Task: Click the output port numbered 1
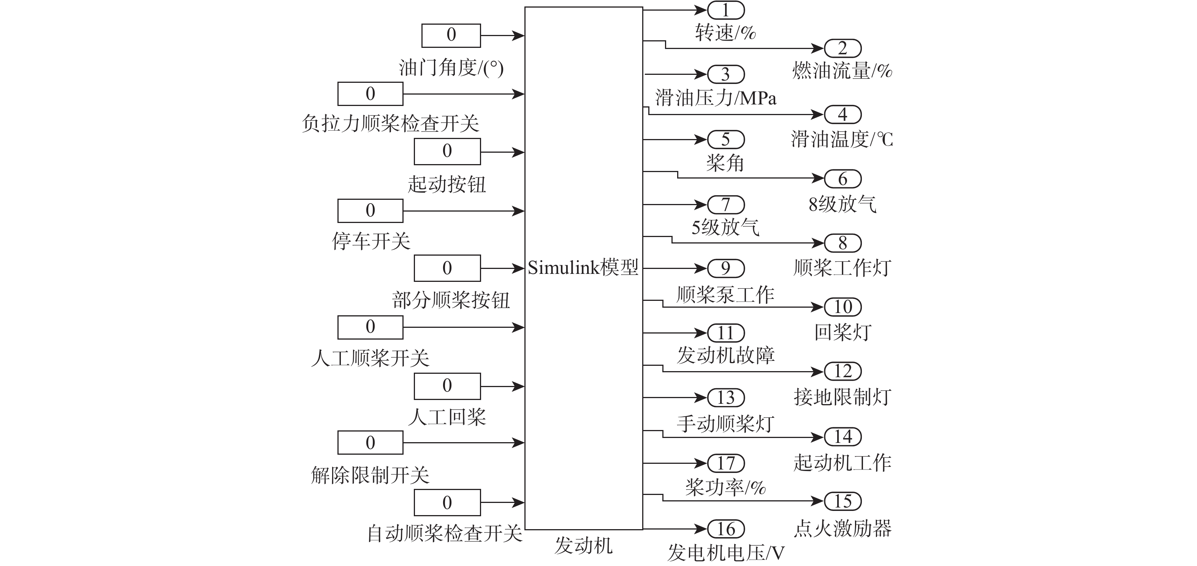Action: [726, 10]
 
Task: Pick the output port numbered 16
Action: [726, 529]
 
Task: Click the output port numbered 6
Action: [842, 179]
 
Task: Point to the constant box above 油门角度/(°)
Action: [451, 35]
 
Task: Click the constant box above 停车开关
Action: [370, 210]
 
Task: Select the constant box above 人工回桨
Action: [447, 386]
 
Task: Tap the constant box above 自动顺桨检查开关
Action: [447, 502]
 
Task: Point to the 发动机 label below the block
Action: [584, 545]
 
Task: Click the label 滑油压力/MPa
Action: [716, 98]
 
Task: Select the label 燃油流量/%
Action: [842, 71]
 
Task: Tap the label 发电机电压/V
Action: [726, 553]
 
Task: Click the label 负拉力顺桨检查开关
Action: [390, 123]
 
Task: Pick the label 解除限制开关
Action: [370, 475]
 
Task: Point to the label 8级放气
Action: [842, 204]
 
